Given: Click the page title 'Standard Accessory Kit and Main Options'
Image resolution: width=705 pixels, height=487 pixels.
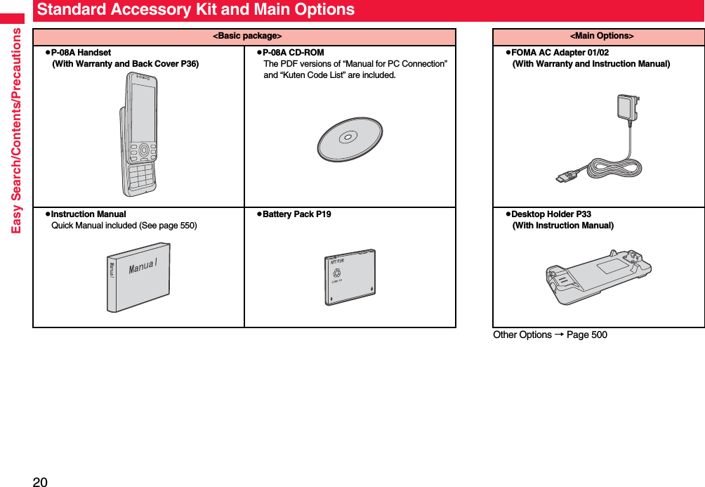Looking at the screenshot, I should [x=196, y=10].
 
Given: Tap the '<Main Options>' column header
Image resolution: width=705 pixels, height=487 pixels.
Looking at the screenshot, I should [x=600, y=36].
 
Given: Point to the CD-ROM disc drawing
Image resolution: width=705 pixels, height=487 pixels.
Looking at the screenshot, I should [x=350, y=139].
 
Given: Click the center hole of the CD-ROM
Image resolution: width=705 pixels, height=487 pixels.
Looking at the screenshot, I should [x=348, y=136].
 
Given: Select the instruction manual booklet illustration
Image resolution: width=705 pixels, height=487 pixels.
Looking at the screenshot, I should [x=138, y=277].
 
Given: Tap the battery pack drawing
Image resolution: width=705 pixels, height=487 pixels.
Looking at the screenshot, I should [x=350, y=276].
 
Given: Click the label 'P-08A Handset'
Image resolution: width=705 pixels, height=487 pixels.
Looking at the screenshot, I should [x=81, y=53].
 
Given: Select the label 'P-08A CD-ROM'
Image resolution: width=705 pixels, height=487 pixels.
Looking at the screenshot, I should [x=293, y=53].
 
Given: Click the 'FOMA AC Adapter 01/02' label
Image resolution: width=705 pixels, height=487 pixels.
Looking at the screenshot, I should [x=560, y=53].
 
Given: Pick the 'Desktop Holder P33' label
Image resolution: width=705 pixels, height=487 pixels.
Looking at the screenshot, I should [x=551, y=214].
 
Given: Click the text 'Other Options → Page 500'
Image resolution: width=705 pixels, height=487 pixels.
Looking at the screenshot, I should [x=550, y=335].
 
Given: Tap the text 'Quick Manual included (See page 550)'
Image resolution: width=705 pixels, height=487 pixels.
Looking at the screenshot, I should [x=124, y=226].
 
